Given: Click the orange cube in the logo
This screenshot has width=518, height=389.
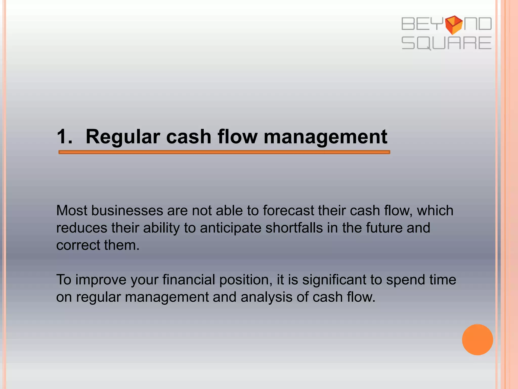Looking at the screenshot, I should point(454,25).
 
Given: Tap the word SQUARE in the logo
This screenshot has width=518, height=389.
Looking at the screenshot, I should point(446,43).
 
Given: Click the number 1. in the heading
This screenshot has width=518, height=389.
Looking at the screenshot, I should point(65,137).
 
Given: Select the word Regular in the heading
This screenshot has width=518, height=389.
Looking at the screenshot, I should point(123,137).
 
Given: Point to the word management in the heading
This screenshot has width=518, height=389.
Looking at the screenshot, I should point(325,137).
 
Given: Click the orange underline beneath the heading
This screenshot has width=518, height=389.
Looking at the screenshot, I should point(224,152).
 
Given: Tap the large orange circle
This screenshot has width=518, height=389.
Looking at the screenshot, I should point(477,340).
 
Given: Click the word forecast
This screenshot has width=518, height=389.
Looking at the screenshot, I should point(288,210).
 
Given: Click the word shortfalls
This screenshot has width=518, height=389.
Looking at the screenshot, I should point(294,228).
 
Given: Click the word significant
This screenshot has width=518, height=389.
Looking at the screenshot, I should point(334,280).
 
